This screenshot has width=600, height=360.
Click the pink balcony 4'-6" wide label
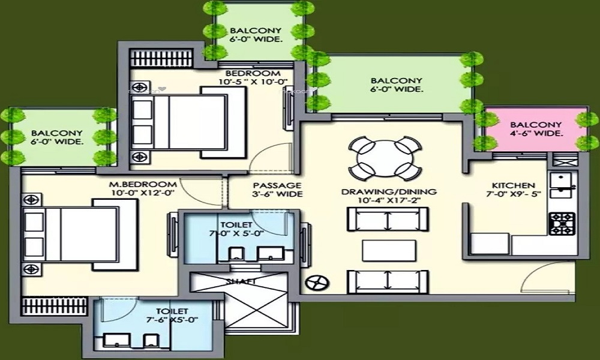[x=536, y=128]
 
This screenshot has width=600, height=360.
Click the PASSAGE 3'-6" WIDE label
[x=277, y=190]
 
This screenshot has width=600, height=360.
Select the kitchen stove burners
[x=562, y=223]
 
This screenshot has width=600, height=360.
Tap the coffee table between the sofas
[x=388, y=250]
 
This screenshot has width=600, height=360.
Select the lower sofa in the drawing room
[x=388, y=280]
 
